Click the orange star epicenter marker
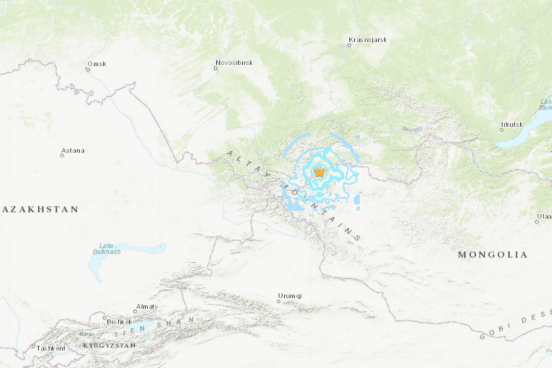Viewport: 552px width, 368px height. pyautogui.click(x=319, y=172)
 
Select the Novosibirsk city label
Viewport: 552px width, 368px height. pyautogui.click(x=234, y=63)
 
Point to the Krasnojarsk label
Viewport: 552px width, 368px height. pyautogui.click(x=367, y=39)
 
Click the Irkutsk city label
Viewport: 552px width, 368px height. pyautogui.click(x=512, y=124)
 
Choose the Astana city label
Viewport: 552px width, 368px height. pyautogui.click(x=73, y=150)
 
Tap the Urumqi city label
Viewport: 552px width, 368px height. pyautogui.click(x=290, y=295)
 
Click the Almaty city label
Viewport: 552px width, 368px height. pyautogui.click(x=146, y=306)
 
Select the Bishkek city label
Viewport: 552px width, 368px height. pyautogui.click(x=119, y=321)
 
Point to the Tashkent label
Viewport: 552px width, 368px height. pyautogui.click(x=51, y=348)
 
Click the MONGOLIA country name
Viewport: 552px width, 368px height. pyautogui.click(x=492, y=255)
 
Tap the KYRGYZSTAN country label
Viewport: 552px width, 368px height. pyautogui.click(x=109, y=346)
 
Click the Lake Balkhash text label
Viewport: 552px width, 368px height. pyautogui.click(x=107, y=248)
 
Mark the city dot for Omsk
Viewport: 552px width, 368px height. pyautogui.click(x=88, y=70)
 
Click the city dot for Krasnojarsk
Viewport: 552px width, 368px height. pyautogui.click(x=349, y=45)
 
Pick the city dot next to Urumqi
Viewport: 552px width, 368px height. pyautogui.click(x=279, y=301)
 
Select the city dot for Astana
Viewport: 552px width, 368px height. pyautogui.click(x=62, y=155)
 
